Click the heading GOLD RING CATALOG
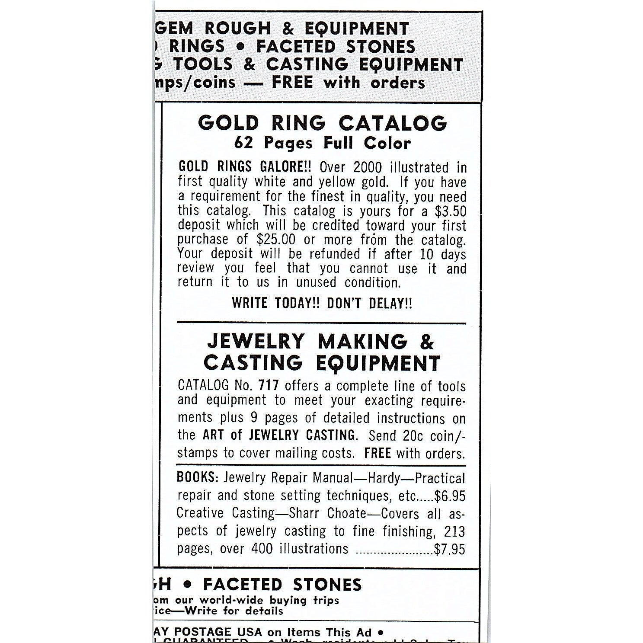322,123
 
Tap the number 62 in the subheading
243,143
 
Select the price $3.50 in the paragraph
451,211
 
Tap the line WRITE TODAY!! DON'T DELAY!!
322,303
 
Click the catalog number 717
269,385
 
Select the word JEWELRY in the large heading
256,342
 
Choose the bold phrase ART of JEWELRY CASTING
280,435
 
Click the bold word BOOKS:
198,477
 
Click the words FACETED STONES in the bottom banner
282,585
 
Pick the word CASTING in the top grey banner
307,64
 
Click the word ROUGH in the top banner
237,29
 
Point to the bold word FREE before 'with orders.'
377,453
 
